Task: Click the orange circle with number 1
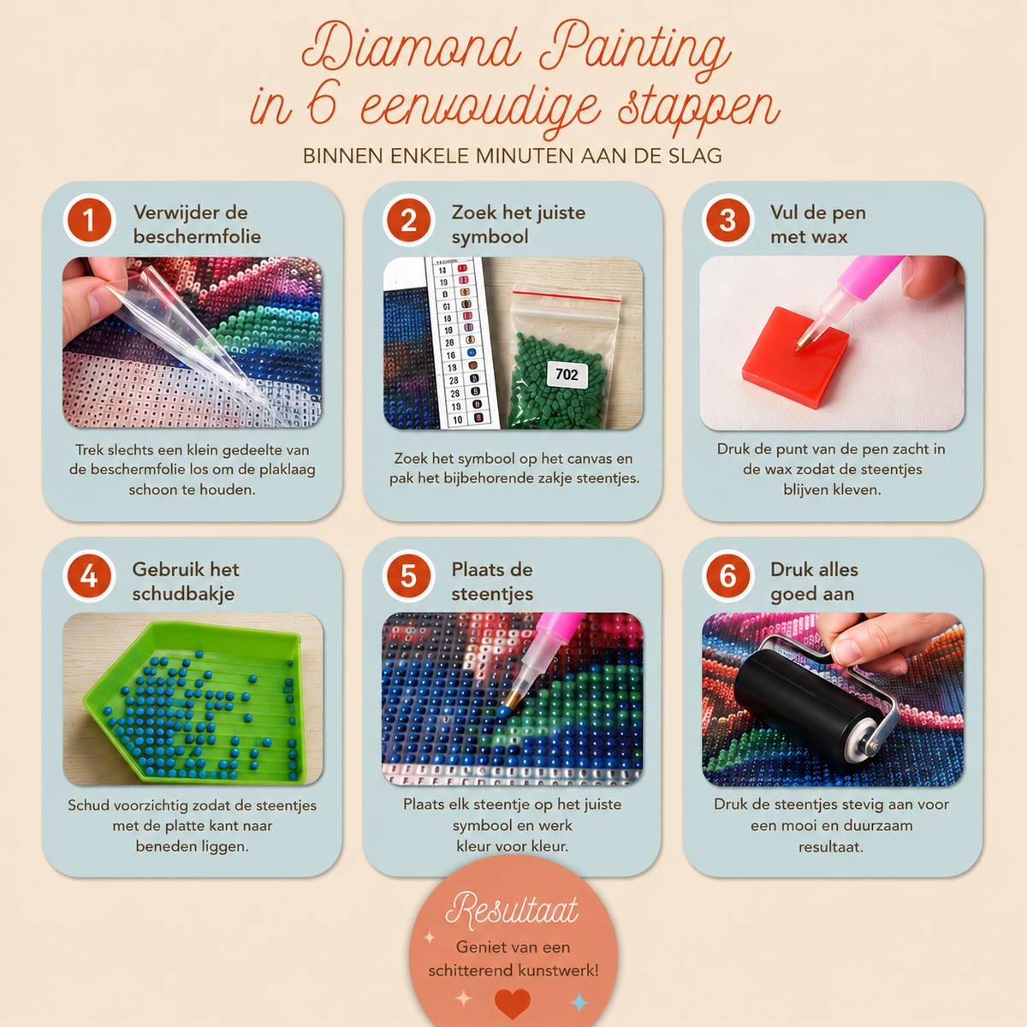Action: click(89, 220)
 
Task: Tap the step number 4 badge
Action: click(89, 576)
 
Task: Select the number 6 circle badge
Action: click(727, 576)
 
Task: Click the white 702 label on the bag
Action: click(567, 375)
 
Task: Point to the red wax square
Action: click(796, 358)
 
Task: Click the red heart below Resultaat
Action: click(512, 1003)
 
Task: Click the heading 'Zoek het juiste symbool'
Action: click(519, 224)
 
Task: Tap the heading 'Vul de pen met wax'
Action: click(817, 224)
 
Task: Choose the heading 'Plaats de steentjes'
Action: click(492, 581)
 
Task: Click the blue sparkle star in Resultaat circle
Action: click(579, 1001)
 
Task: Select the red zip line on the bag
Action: click(566, 296)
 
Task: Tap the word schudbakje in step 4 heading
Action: click(183, 594)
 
